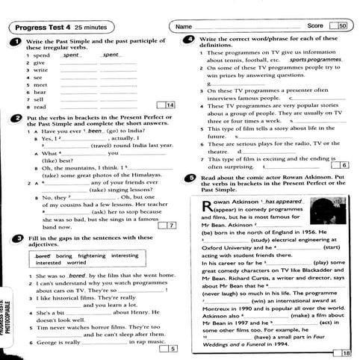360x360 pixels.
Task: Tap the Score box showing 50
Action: pos(343,26)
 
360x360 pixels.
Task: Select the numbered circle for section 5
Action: pos(193,179)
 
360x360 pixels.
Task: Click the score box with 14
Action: pos(159,106)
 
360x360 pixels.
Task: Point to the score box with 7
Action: pos(172,225)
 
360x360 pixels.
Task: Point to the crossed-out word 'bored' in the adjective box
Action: pos(44,255)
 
